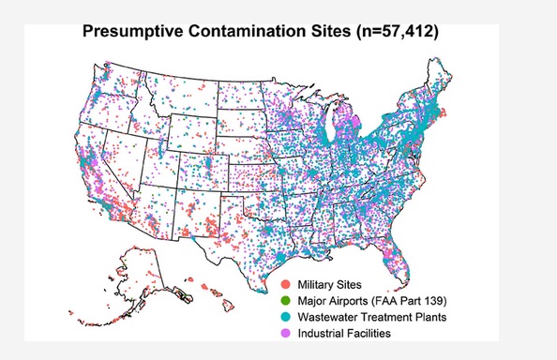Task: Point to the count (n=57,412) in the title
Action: click(393, 32)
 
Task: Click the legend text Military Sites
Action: click(330, 283)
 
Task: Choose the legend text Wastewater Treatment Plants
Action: click(369, 317)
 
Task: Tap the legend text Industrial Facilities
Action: click(344, 333)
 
